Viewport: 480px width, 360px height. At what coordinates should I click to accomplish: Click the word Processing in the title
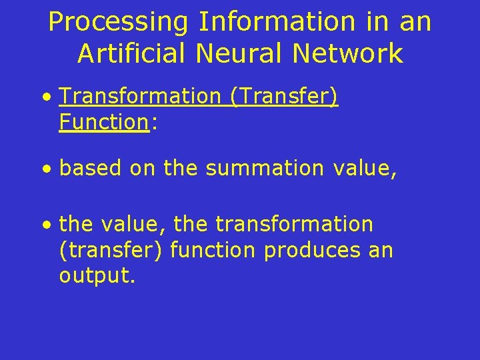119,23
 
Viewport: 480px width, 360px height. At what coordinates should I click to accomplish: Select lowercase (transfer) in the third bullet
111,251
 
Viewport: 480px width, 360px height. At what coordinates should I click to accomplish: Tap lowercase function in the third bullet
213,251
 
